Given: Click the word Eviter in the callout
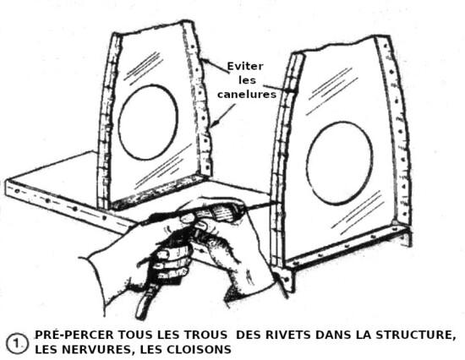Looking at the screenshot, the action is coord(245,66).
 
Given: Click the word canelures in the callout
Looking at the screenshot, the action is coord(247,95).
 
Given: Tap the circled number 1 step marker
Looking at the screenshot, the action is coord(18,343).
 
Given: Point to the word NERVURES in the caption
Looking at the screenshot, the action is coord(98,350).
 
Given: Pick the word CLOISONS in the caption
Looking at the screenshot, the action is coord(199,349).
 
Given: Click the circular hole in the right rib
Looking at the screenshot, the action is coord(340,163).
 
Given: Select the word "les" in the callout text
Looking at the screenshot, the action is coord(247,80).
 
